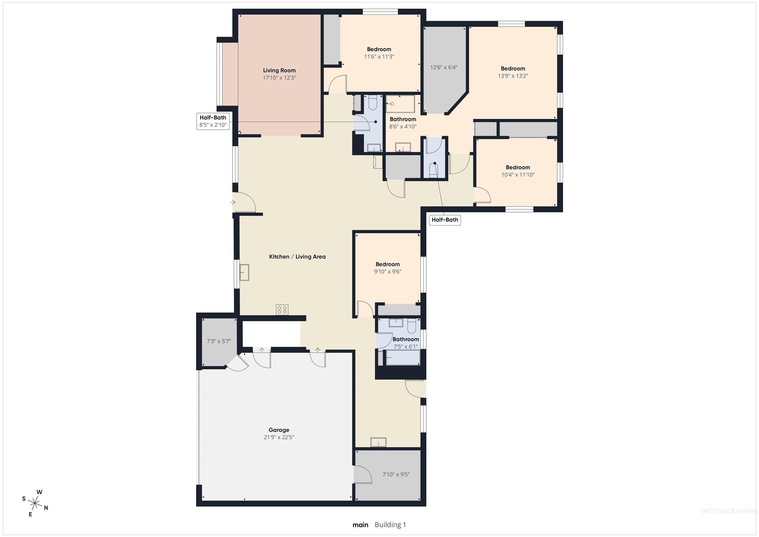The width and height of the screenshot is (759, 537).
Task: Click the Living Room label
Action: click(279, 70)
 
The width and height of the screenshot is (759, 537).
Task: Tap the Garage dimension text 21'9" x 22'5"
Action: click(279, 437)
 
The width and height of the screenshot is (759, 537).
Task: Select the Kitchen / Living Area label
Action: click(297, 256)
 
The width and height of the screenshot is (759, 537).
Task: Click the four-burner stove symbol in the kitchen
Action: click(282, 310)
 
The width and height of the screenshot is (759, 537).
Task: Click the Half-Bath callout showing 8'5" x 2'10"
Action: click(213, 121)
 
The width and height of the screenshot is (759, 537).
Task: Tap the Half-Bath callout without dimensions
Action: click(445, 220)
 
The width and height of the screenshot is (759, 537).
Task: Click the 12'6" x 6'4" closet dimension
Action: click(444, 67)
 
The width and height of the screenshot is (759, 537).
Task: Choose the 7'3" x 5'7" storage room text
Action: click(218, 341)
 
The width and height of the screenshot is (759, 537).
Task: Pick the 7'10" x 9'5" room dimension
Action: click(396, 474)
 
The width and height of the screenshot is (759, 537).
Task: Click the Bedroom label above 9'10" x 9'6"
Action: click(387, 264)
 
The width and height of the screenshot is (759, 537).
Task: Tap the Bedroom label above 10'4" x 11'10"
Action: click(518, 167)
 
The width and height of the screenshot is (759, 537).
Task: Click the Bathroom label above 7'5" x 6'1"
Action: click(406, 339)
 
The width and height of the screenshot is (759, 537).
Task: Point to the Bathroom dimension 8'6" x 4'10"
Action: click(403, 126)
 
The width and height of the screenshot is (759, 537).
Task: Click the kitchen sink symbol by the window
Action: click(244, 272)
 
